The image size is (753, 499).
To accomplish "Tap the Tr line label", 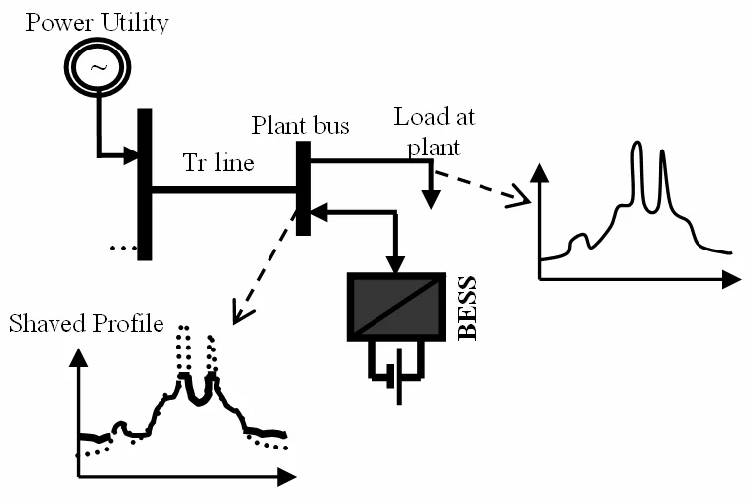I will pos(219,163).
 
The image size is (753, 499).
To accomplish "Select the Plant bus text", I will pos(299,126).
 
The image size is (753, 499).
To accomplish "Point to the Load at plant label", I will pos(434,132).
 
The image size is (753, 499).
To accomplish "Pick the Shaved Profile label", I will pos(85,324).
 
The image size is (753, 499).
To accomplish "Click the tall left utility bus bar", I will pos(145,183).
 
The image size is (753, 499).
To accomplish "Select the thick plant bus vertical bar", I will pos(304,188).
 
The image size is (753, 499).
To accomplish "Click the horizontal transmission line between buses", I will pos(223,188).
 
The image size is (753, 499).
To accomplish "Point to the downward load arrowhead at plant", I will pos(430,199).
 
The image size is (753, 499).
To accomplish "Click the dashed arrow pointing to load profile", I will pos(482,186).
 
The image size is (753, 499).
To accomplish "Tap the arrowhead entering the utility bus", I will pos(129,155).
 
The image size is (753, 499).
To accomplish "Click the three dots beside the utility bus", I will pos(122,248).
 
